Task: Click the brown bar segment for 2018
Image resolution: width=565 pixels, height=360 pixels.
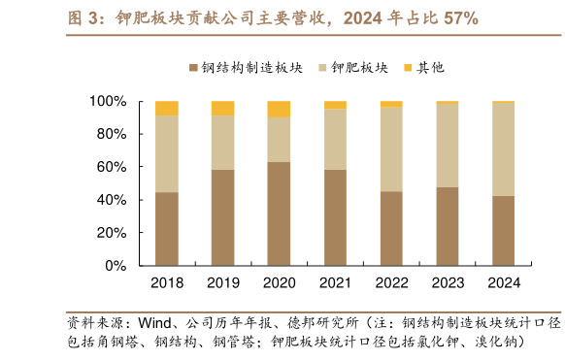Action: click(x=166, y=228)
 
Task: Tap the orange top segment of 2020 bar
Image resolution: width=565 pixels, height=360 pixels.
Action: click(x=279, y=109)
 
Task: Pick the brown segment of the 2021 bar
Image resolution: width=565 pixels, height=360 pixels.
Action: click(x=335, y=217)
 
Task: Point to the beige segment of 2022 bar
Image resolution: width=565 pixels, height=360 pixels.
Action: click(x=391, y=148)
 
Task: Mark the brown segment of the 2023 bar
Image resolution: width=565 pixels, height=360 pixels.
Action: click(x=448, y=226)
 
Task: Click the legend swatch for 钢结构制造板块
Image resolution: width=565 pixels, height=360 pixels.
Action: click(x=194, y=68)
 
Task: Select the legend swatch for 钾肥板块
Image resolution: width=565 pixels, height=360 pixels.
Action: click(x=323, y=68)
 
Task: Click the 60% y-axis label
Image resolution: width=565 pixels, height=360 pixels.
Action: click(x=111, y=167)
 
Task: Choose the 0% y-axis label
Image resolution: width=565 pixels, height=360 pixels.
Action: click(x=115, y=265)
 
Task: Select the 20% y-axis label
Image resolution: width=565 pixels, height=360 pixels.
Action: click(x=111, y=233)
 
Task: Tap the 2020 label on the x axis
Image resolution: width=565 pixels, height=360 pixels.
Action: click(x=279, y=282)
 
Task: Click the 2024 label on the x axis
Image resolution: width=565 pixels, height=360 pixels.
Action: click(x=503, y=282)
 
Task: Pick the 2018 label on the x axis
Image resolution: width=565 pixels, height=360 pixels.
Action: click(x=166, y=282)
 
